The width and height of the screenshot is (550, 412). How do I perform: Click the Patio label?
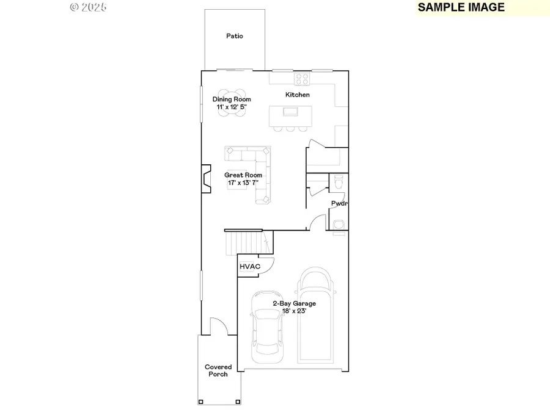235,36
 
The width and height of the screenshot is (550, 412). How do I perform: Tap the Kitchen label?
298,95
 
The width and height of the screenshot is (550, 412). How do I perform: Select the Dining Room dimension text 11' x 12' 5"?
232,107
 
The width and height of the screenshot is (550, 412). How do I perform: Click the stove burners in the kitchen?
302,78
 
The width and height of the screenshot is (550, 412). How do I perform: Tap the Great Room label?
243,175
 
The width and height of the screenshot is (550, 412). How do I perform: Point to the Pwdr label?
339,204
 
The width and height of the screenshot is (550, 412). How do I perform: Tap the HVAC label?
249,267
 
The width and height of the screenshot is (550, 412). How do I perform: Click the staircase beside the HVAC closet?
248,242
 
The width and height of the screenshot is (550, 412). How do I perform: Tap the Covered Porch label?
218,370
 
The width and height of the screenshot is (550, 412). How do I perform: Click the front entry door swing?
216,327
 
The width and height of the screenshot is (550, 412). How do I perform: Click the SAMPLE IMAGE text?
461,7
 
